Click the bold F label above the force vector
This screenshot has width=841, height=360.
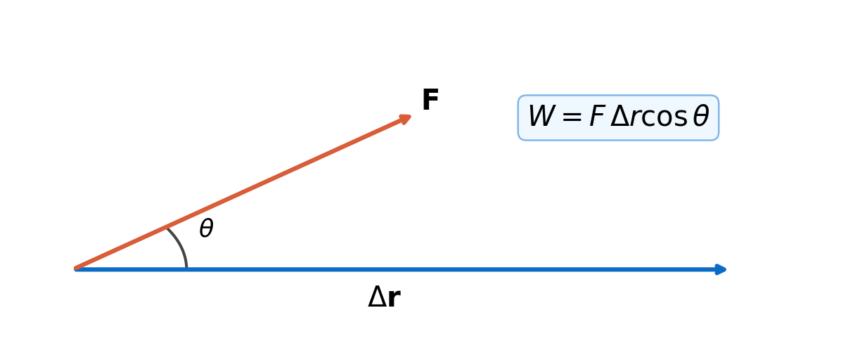(430, 101)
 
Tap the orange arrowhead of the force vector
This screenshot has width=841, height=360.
(405, 119)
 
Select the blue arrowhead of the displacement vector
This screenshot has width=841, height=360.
(720, 269)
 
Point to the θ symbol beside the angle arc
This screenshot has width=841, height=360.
(207, 229)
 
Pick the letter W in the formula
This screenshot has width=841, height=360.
(541, 117)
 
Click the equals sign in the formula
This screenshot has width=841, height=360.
(572, 117)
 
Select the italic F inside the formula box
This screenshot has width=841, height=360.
(598, 117)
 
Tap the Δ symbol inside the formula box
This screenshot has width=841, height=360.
(620, 117)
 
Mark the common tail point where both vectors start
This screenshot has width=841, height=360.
(76, 269)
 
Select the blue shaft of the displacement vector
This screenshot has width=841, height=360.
(397, 269)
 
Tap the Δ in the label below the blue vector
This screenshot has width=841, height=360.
(377, 297)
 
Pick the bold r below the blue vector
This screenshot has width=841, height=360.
(394, 300)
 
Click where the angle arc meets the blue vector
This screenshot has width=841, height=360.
(186, 268)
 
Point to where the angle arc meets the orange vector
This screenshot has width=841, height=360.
(167, 229)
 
